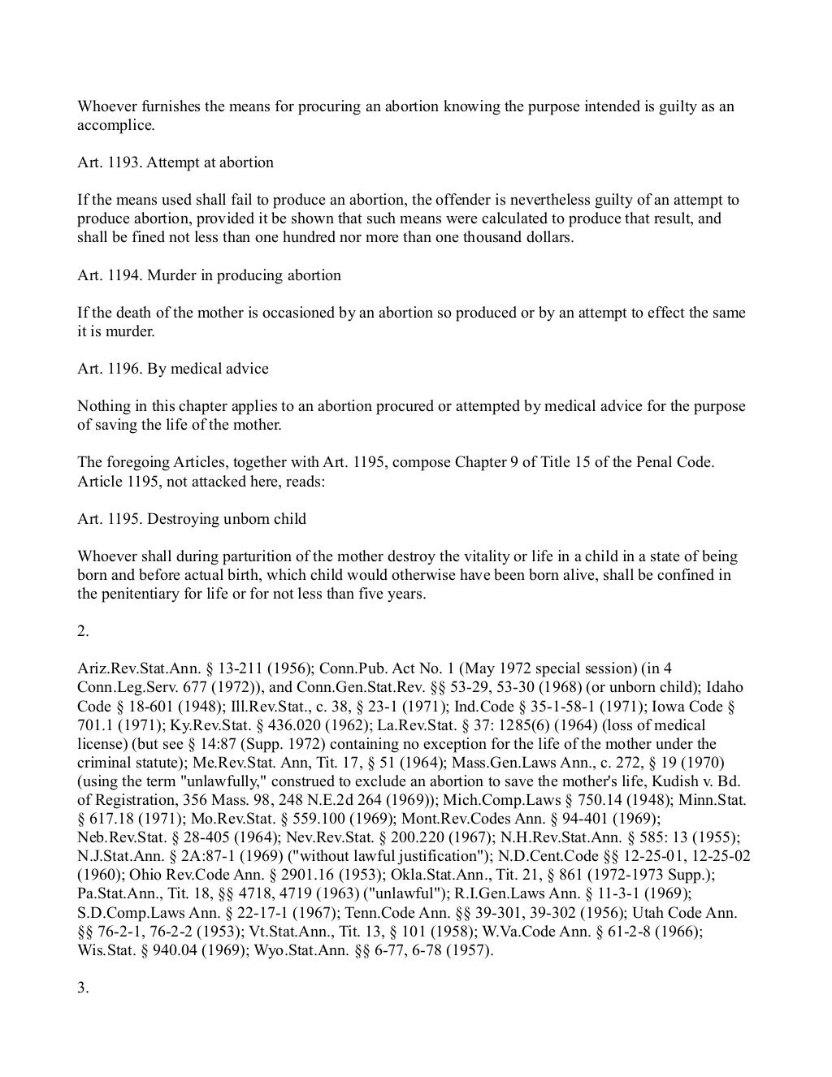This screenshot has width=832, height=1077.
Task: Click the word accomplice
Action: point(114,126)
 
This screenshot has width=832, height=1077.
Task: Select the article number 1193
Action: point(124,162)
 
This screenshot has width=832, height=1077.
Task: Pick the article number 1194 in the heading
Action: point(124,275)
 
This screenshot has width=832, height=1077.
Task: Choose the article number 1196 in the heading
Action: point(124,369)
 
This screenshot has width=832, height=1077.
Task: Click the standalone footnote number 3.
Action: point(83,988)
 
